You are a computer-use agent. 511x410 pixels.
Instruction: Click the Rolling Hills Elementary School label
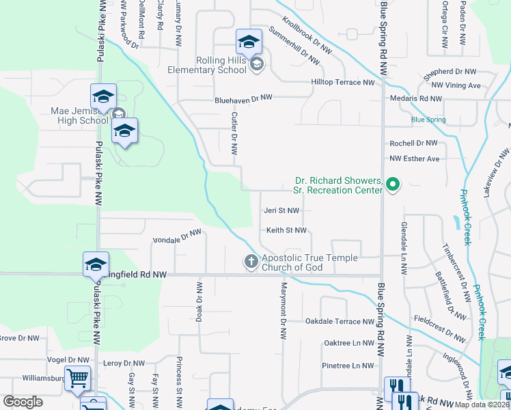click(x=211, y=65)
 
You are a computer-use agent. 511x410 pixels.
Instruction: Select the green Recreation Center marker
click(x=393, y=184)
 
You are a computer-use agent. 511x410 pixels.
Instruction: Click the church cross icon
click(x=251, y=261)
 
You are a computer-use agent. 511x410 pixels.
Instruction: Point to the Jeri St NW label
click(x=281, y=211)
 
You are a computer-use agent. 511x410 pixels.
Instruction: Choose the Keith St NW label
click(x=286, y=231)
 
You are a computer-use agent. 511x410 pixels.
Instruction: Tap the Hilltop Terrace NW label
click(x=343, y=83)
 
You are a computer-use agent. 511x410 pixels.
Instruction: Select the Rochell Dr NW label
click(x=413, y=143)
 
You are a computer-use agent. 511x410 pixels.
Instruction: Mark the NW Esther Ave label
click(x=414, y=159)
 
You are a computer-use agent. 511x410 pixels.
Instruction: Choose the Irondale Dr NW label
click(x=176, y=237)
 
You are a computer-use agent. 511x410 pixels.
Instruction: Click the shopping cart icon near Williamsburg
click(x=77, y=377)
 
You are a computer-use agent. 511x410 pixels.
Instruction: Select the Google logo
click(x=23, y=402)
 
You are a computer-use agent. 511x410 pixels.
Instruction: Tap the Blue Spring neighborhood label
click(x=428, y=120)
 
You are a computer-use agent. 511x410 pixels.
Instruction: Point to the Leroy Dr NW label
click(x=125, y=364)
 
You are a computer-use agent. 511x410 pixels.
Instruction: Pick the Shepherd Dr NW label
click(x=450, y=71)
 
